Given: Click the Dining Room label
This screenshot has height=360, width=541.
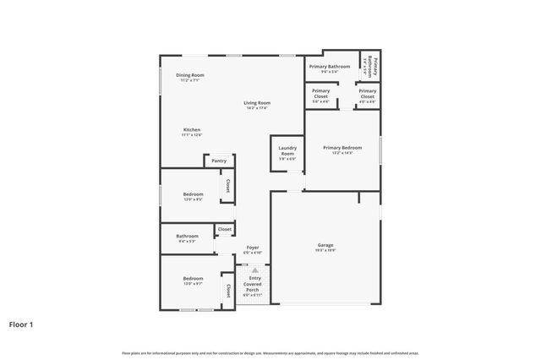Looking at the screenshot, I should click(x=190, y=75).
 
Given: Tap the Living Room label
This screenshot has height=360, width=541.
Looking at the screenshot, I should click(x=256, y=102).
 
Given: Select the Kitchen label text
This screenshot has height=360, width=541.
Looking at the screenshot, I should click(x=191, y=129).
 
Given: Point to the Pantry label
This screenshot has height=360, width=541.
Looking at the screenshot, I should click(x=219, y=161).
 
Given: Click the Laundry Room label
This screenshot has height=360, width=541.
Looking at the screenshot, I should click(x=287, y=150).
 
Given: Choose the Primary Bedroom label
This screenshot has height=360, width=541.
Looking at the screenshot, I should click(x=342, y=147).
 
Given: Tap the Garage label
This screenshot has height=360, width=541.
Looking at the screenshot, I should click(x=325, y=244).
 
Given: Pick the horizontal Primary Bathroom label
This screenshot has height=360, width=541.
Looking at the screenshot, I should click(x=329, y=66).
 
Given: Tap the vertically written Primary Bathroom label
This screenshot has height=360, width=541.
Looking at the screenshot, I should click(x=370, y=66).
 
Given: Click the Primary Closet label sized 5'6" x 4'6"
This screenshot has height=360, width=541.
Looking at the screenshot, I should click(x=320, y=90).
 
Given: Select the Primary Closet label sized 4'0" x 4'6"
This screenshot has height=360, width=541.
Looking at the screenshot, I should click(x=367, y=90).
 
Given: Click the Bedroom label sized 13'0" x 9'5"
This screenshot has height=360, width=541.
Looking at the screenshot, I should click(x=193, y=194).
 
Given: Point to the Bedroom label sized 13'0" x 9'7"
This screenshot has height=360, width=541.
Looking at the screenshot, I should click(x=193, y=279).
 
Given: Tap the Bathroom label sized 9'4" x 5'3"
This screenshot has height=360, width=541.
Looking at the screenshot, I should click(x=187, y=236).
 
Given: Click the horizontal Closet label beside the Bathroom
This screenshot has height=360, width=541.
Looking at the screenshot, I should click(x=225, y=229).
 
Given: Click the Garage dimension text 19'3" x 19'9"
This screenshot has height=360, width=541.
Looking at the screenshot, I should click(x=325, y=250).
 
